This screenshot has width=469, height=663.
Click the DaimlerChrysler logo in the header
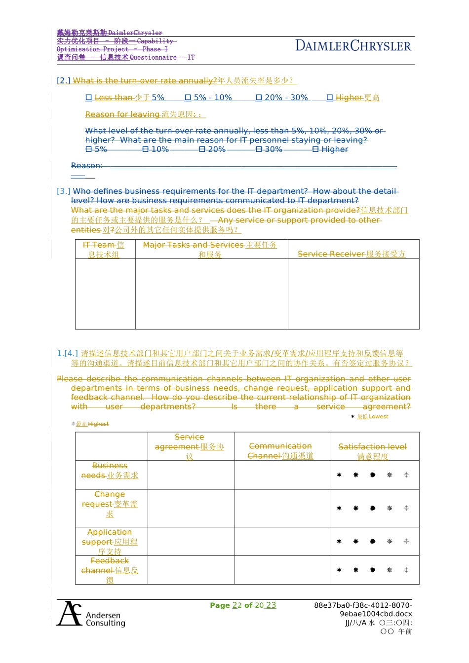[x=353, y=46]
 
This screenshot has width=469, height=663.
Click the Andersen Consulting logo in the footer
[x=91, y=614]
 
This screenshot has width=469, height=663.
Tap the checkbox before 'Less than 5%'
[x=89, y=98]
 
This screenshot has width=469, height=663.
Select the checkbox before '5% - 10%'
[x=188, y=98]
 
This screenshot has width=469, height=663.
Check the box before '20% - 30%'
[x=259, y=98]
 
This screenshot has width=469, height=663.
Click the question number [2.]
[x=64, y=80]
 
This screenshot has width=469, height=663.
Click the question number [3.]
[x=64, y=191]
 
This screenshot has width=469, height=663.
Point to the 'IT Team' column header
[x=104, y=250]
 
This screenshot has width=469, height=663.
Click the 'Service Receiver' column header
[x=352, y=254]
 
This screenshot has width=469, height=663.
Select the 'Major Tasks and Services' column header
[x=210, y=250]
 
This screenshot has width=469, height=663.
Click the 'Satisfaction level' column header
[x=373, y=451]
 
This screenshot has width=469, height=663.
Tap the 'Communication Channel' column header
[x=280, y=451]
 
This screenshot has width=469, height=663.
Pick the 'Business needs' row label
[x=110, y=471]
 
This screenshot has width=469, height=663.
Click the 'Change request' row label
[x=110, y=504]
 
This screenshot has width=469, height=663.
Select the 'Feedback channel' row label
[x=110, y=570]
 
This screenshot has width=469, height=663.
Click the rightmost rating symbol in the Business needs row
[x=406, y=475]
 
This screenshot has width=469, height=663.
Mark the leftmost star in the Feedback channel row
[x=339, y=570]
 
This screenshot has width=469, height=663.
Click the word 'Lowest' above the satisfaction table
[x=378, y=417]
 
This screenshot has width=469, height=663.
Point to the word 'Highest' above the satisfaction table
[x=98, y=424]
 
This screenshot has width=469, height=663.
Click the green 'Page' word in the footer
[x=220, y=605]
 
